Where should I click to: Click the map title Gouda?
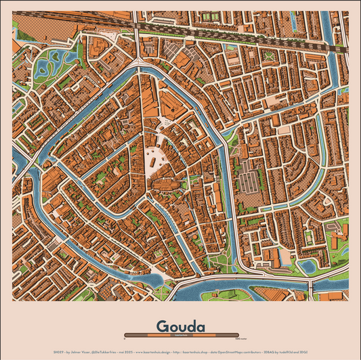tap(180, 326)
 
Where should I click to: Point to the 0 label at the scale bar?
tap(125, 338)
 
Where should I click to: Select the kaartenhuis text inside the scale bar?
tap(180, 334)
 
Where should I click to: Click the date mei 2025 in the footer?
tap(126, 352)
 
